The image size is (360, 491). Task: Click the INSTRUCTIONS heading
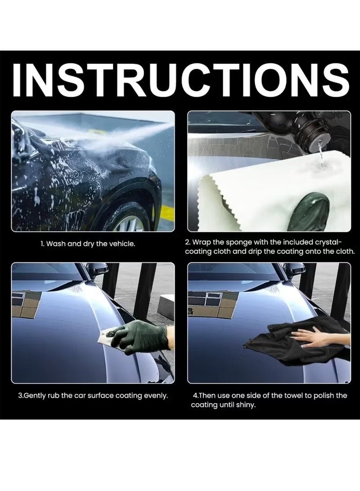point(180,81)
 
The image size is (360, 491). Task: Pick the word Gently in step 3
point(35,396)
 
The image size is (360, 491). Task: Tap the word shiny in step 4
point(246,405)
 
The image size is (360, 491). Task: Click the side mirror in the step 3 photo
point(98,268)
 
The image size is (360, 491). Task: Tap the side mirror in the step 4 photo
point(294,268)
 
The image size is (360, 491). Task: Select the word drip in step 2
point(256,252)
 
